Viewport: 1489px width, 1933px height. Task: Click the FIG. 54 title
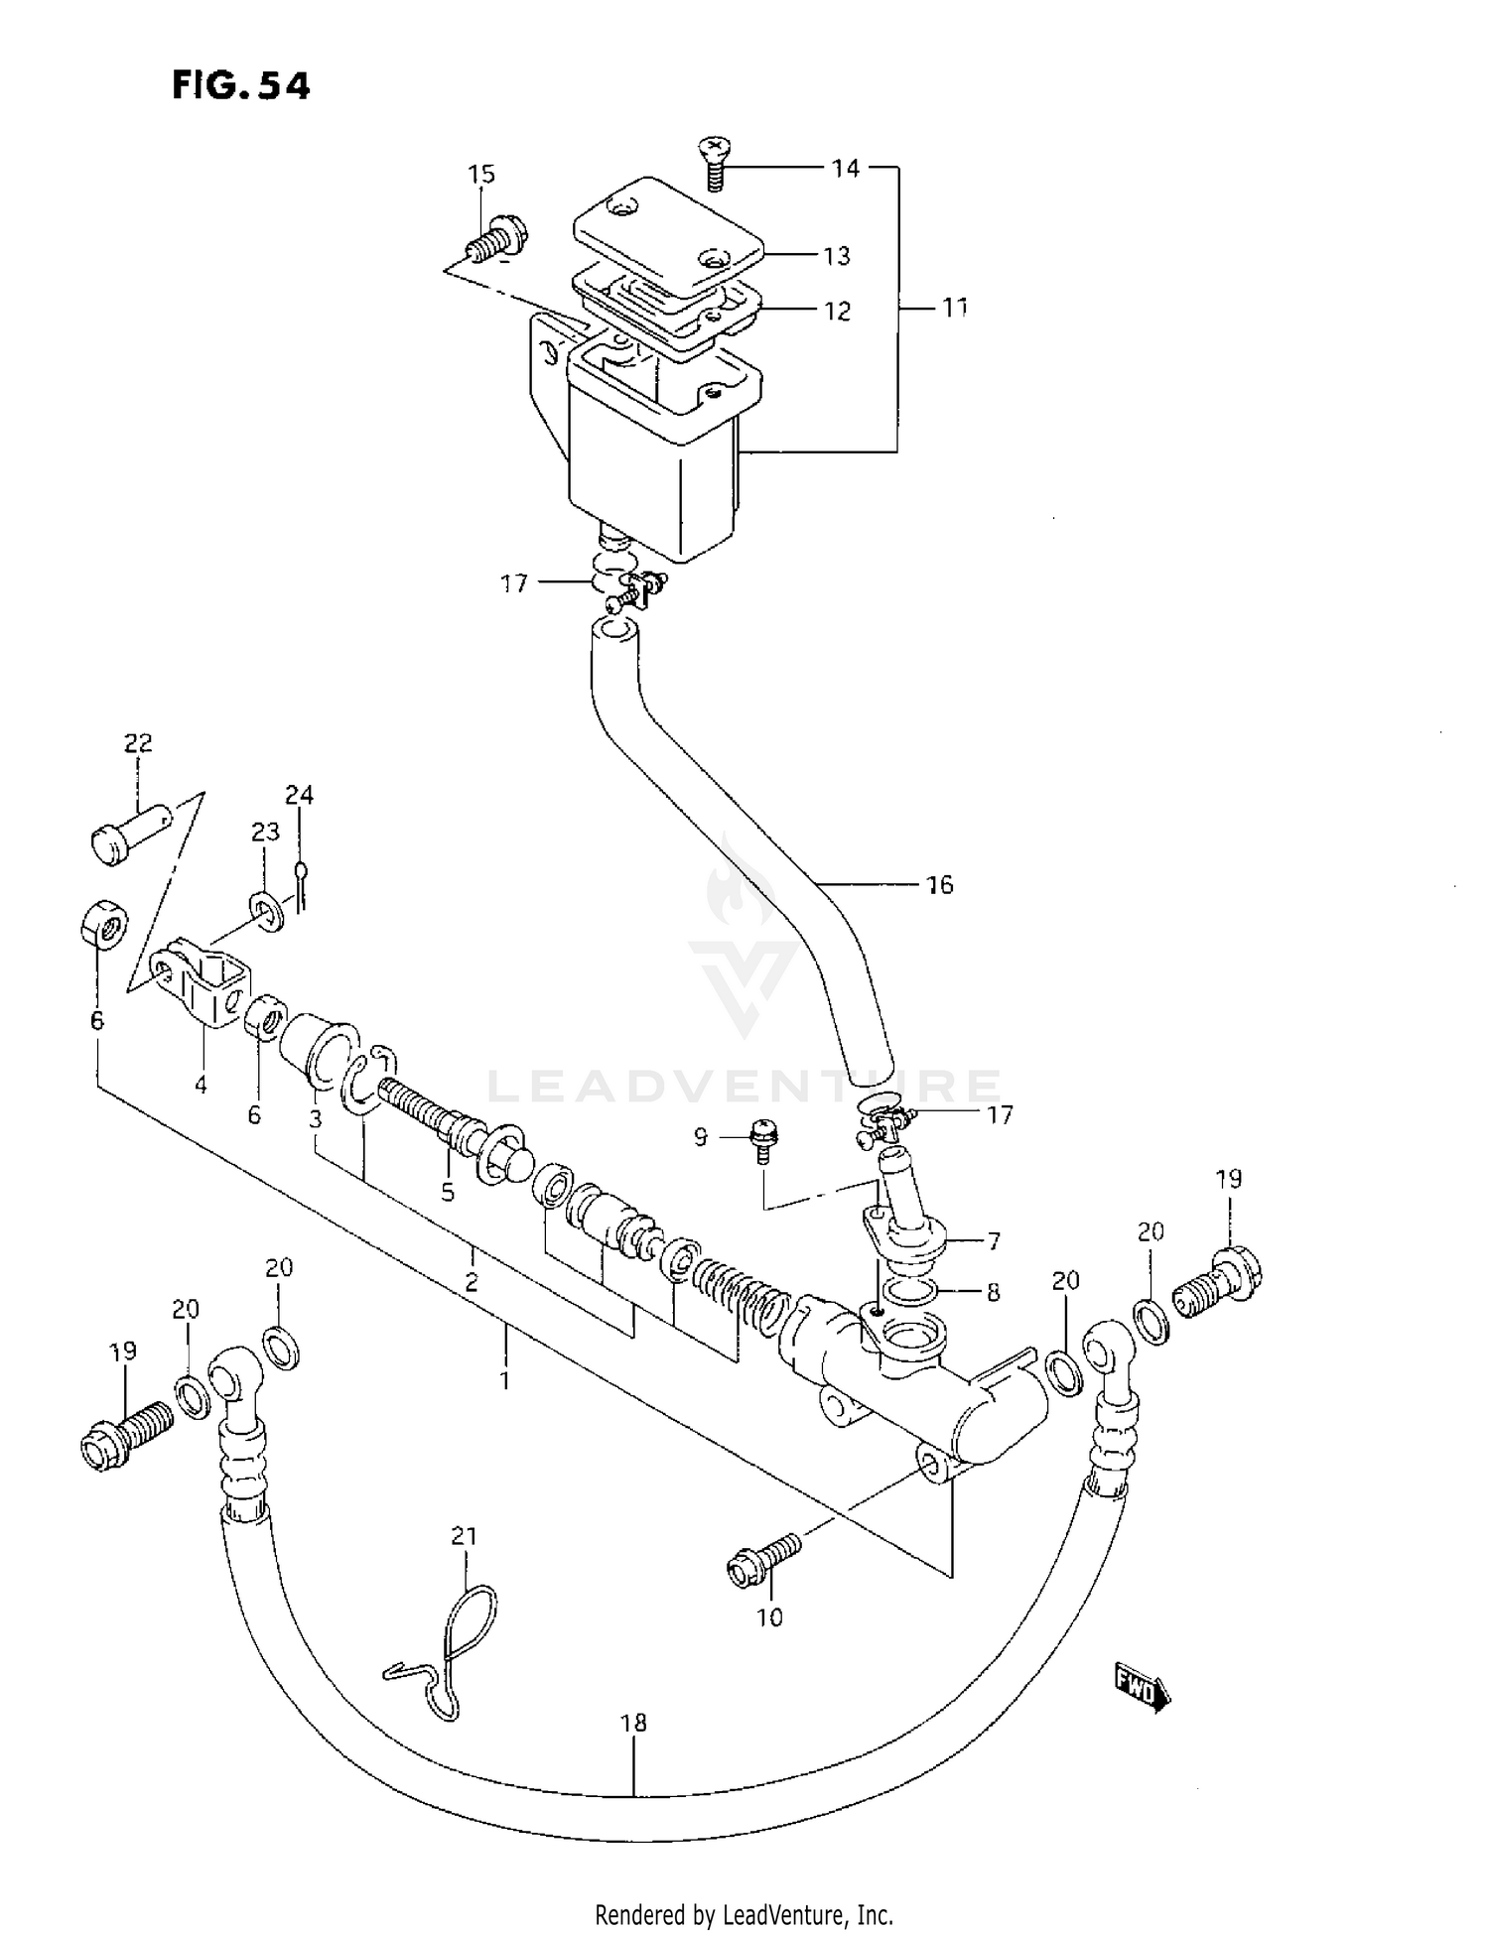pos(241,86)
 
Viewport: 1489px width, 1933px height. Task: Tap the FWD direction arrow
pos(1143,1687)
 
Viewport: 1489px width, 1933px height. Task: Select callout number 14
pos(846,169)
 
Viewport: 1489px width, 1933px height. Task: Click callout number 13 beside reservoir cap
pos(837,256)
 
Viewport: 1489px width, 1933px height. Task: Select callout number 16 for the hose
pos(939,885)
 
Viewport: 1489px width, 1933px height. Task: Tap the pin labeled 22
pos(130,832)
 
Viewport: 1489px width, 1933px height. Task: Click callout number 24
pos(299,795)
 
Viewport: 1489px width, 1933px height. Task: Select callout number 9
pos(701,1137)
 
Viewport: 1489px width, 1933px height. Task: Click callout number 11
pos(954,309)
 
